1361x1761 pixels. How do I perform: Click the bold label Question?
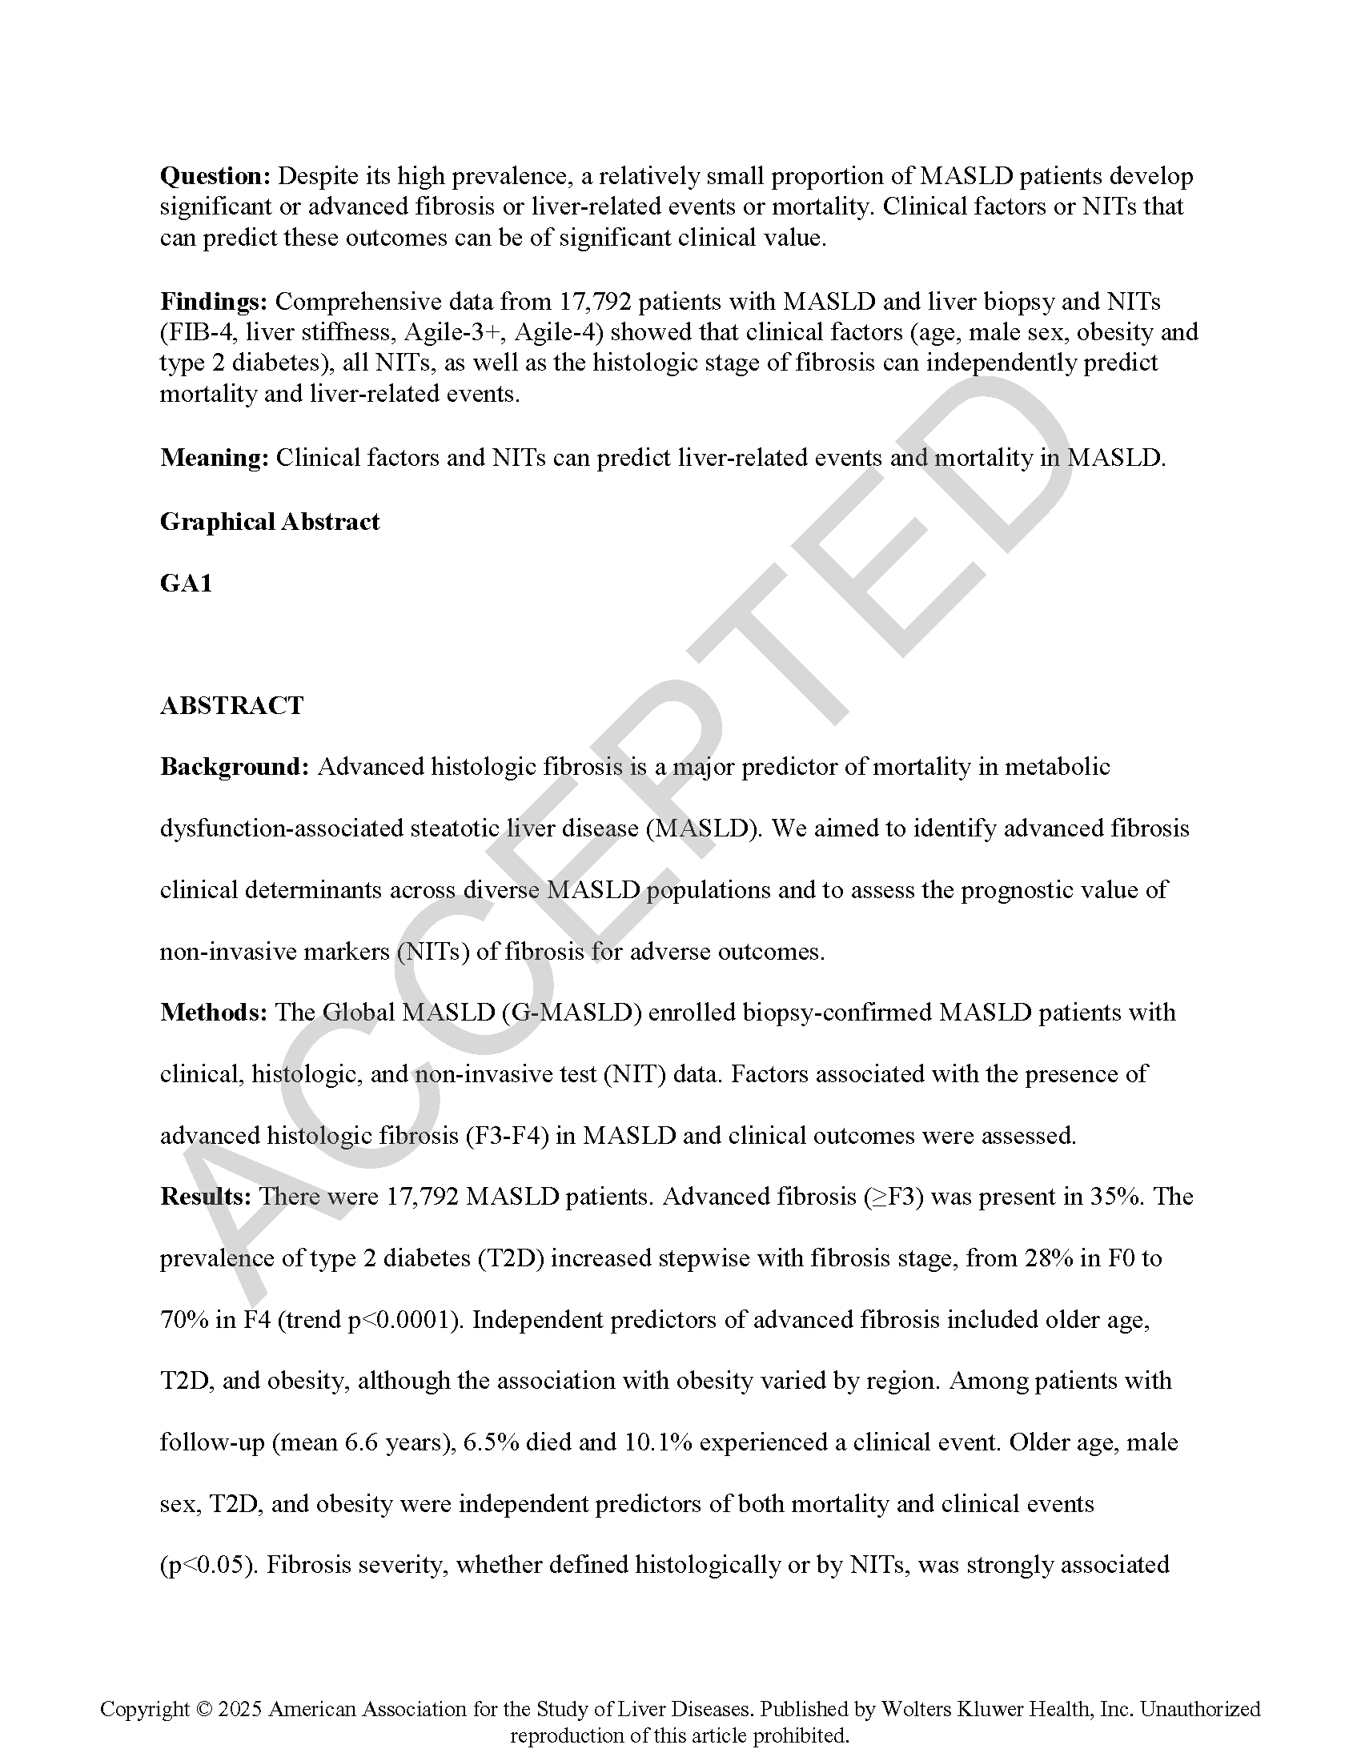(x=215, y=176)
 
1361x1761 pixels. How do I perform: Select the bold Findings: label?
(x=214, y=302)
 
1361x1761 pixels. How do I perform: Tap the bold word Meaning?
(x=215, y=458)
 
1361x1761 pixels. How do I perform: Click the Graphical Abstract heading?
(x=269, y=522)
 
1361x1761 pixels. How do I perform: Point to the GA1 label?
(x=187, y=583)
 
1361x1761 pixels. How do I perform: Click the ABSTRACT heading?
(x=231, y=705)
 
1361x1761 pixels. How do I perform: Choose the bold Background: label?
(x=235, y=767)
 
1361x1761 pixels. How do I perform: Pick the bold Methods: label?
(x=214, y=1013)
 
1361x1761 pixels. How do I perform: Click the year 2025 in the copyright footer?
(x=240, y=1709)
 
